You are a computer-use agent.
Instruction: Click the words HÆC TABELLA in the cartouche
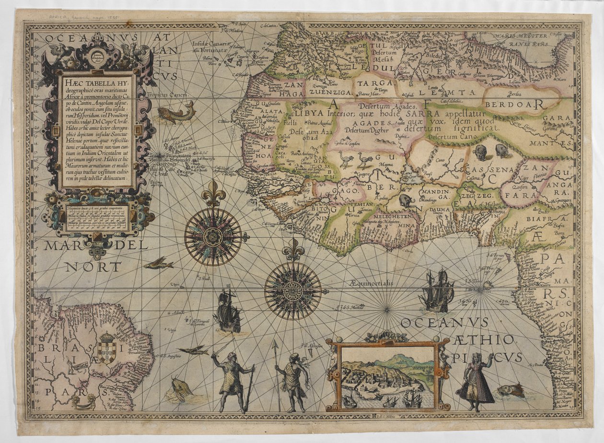click(96, 82)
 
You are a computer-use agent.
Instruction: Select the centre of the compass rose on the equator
click(293, 291)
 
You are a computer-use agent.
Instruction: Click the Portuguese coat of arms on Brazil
click(106, 349)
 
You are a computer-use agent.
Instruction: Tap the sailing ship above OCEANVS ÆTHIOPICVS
click(437, 291)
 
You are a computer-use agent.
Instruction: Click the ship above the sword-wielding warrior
click(228, 312)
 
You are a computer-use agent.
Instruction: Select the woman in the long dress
click(475, 382)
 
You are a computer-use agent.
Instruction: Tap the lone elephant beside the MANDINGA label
click(406, 200)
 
